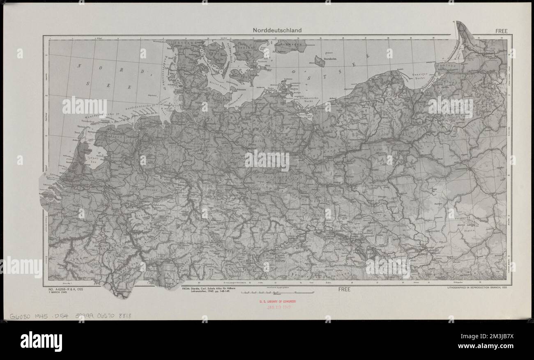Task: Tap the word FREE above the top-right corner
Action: pos(501,31)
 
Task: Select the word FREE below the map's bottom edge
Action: pos(344,289)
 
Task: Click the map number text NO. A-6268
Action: pos(66,289)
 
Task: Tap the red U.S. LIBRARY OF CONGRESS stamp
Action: pos(277,302)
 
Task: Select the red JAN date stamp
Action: pos(277,307)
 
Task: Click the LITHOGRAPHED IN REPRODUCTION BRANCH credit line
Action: pos(477,288)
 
